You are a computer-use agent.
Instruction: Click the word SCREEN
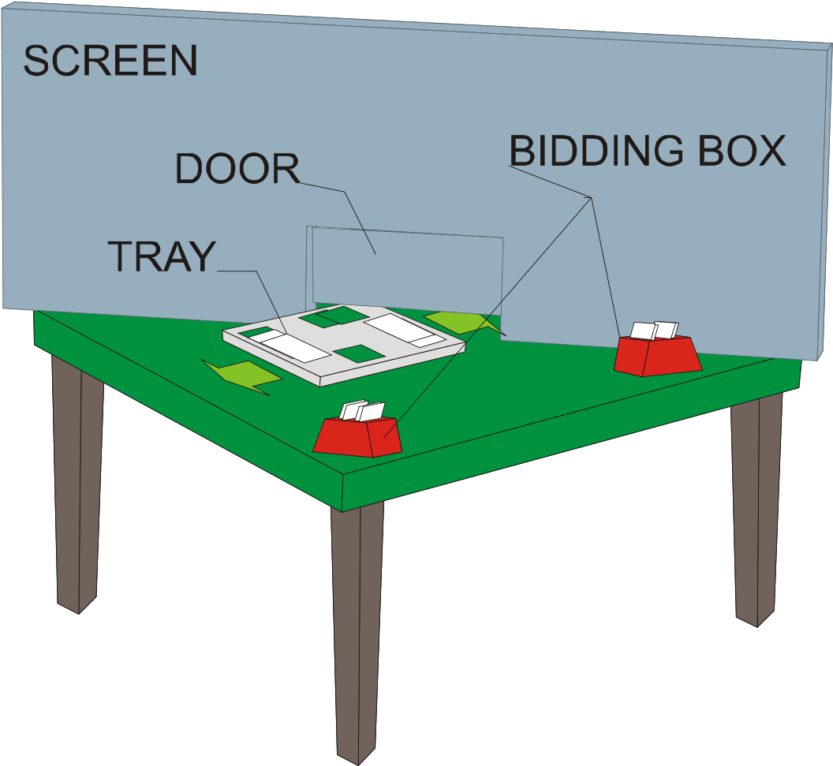[110, 62]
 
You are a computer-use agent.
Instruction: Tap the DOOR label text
[237, 168]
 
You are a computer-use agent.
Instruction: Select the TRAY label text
[161, 256]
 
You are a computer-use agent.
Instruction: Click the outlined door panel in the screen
[407, 268]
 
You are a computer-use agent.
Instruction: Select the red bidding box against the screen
[658, 357]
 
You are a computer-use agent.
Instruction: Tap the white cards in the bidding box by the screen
[655, 331]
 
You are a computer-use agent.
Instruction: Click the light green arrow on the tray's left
[241, 373]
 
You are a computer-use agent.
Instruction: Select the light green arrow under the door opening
[458, 321]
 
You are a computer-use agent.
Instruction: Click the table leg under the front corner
[357, 623]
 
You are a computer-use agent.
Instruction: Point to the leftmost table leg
[77, 481]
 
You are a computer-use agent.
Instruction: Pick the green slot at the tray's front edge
[359, 353]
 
